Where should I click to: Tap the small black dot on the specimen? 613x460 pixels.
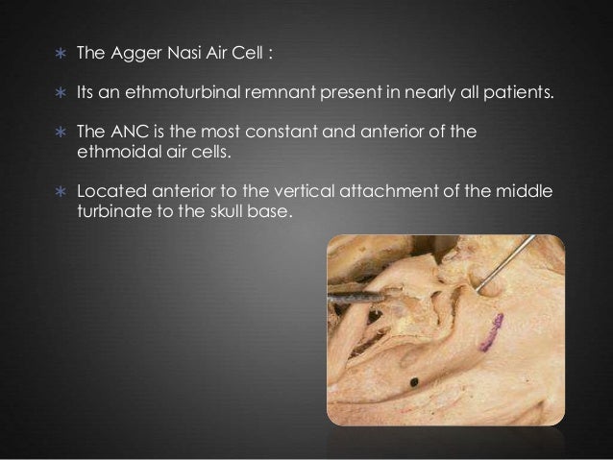[414, 381]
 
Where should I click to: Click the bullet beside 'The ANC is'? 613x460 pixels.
[59, 133]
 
